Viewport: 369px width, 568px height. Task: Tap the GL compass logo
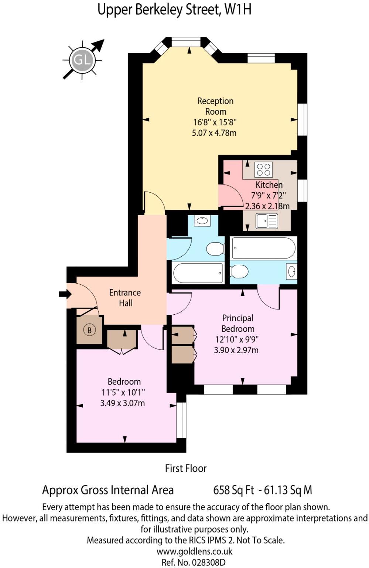[82, 60]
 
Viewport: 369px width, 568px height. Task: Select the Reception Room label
[215, 106]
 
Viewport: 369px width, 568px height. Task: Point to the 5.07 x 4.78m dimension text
[214, 133]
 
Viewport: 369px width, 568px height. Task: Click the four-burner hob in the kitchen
[264, 170]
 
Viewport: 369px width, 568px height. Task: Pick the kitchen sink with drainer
[267, 221]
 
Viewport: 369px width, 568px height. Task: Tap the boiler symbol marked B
[89, 330]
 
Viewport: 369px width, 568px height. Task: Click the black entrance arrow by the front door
[65, 294]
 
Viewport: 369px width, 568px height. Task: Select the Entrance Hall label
[125, 298]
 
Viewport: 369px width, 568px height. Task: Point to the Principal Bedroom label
[238, 323]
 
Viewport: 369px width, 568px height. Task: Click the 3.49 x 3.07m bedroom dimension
[123, 403]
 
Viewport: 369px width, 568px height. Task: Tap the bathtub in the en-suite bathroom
[263, 248]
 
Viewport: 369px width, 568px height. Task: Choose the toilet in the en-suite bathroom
[239, 272]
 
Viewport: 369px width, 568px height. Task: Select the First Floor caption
[186, 468]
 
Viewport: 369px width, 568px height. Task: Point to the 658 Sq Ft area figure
[233, 490]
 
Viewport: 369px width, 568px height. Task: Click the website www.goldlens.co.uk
[194, 551]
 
